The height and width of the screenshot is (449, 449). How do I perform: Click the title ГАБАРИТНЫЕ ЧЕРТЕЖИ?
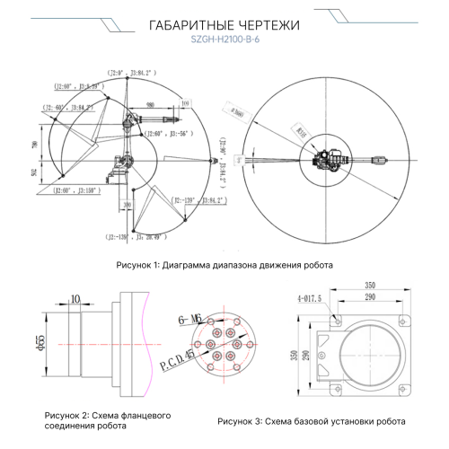(x=224, y=24)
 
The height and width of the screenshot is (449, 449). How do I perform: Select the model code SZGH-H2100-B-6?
(x=224, y=39)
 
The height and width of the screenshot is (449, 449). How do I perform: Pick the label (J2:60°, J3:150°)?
(x=79, y=190)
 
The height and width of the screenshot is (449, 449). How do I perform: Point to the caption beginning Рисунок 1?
(x=224, y=266)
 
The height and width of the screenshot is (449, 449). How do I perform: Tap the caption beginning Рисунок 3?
(x=312, y=420)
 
